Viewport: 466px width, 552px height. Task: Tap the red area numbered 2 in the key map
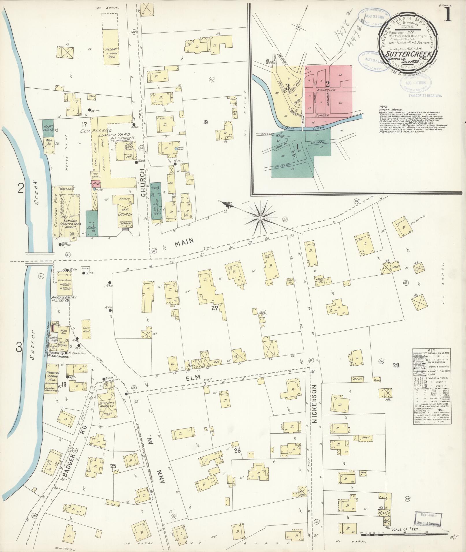[x=328, y=85]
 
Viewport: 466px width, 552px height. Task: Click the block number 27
[x=214, y=308]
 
